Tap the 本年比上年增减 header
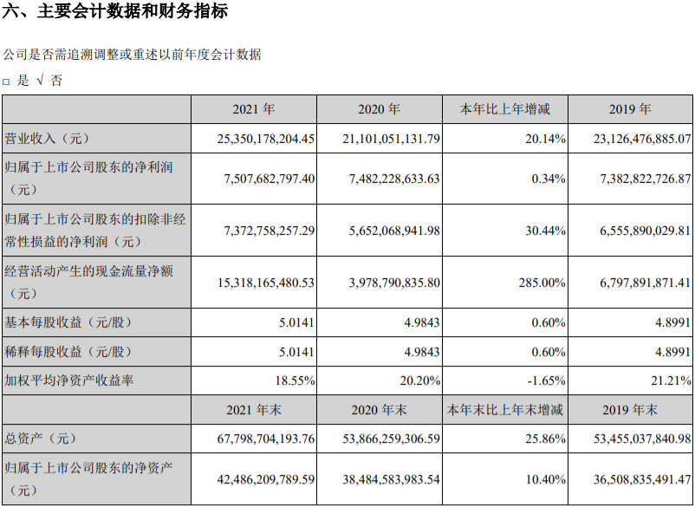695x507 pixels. click(x=504, y=110)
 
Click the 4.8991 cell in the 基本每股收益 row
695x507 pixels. click(x=670, y=322)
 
